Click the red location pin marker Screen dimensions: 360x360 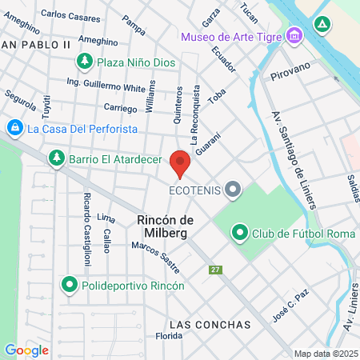[180, 163]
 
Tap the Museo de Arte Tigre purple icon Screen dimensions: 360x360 [294, 37]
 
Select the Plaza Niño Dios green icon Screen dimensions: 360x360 [84, 61]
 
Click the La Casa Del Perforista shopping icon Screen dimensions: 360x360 [14, 127]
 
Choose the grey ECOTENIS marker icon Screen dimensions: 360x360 [233, 190]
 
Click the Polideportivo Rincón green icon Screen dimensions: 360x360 [70, 285]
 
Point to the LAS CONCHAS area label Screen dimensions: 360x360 [210, 325]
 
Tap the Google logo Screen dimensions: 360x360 [26, 350]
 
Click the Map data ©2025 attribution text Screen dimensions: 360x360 [324, 354]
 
